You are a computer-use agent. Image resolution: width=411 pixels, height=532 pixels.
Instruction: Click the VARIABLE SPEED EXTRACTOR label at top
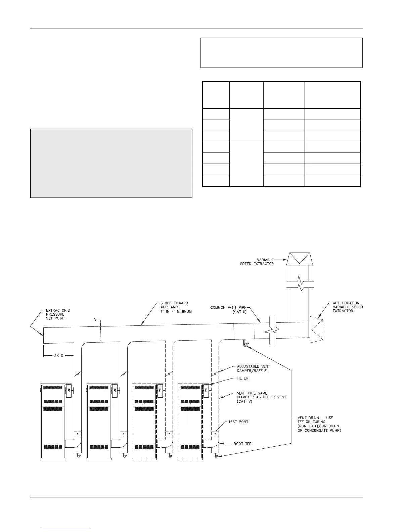click(x=257, y=262)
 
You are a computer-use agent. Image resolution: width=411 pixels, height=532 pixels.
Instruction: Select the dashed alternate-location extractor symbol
click(x=316, y=329)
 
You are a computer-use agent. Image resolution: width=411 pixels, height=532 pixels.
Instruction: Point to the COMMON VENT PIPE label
click(x=228, y=309)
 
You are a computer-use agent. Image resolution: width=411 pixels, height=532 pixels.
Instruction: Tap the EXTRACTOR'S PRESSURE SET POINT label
click(x=58, y=314)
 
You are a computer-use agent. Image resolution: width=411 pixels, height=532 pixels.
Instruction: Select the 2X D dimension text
click(x=58, y=356)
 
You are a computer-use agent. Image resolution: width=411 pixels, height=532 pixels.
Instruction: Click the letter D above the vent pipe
click(x=95, y=320)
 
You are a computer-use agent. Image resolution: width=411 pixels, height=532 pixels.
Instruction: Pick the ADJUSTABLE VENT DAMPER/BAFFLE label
click(x=254, y=368)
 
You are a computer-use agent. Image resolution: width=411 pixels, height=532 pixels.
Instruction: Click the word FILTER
click(x=243, y=378)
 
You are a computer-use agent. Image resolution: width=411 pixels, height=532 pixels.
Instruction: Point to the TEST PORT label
click(x=238, y=422)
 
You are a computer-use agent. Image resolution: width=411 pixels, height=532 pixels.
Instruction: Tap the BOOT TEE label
click(x=242, y=444)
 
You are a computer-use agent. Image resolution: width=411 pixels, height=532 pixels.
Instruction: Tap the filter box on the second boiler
click(x=115, y=390)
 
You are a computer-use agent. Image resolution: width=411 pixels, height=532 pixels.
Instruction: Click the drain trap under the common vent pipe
click(x=244, y=344)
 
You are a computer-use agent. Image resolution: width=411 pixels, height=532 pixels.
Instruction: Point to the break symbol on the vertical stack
click(x=301, y=285)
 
